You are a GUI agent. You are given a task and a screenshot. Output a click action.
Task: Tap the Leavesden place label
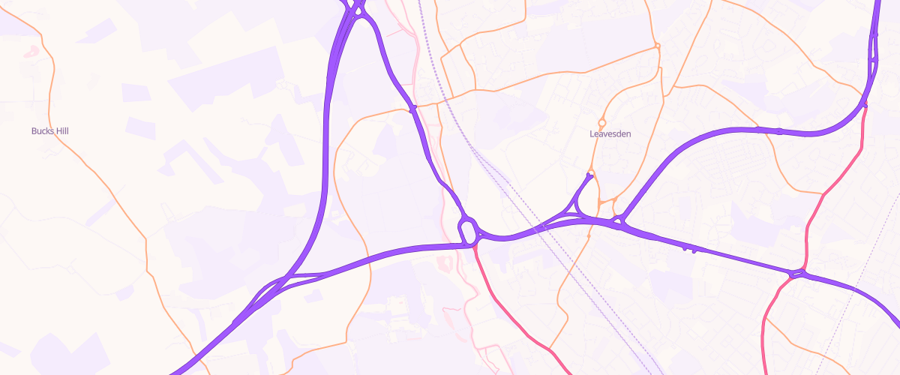click(x=610, y=134)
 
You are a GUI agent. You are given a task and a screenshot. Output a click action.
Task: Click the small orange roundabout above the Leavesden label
click(x=601, y=123)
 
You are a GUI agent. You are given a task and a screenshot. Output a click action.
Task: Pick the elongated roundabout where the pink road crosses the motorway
click(x=797, y=274)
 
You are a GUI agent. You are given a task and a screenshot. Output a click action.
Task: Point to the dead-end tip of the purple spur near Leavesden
click(x=589, y=176)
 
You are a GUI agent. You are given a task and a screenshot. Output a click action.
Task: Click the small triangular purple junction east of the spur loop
click(x=620, y=220)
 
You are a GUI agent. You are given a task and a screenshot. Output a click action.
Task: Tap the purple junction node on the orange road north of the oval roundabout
click(x=412, y=109)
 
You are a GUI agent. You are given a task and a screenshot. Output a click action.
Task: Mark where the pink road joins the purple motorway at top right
click(x=865, y=104)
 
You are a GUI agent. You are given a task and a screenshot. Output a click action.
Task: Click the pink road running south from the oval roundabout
click(x=510, y=307)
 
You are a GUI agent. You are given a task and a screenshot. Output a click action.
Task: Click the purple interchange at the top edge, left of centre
click(x=355, y=9)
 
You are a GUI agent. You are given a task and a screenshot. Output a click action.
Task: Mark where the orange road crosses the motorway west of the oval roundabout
click(x=369, y=259)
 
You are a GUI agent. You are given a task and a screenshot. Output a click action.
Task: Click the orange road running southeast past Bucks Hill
click(x=112, y=187)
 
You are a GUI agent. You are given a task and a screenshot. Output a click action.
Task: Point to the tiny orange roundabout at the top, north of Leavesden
click(x=657, y=46)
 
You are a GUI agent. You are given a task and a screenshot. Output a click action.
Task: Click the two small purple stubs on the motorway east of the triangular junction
click(x=689, y=248)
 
